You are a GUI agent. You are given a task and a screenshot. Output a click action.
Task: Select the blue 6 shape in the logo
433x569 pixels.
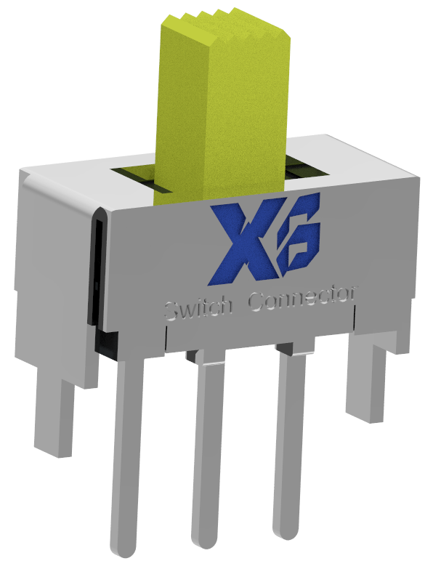tap(297, 240)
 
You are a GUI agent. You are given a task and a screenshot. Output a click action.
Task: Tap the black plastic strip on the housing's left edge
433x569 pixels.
tap(95, 276)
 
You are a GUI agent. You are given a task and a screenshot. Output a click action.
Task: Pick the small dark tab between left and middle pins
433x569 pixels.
tap(190, 356)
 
